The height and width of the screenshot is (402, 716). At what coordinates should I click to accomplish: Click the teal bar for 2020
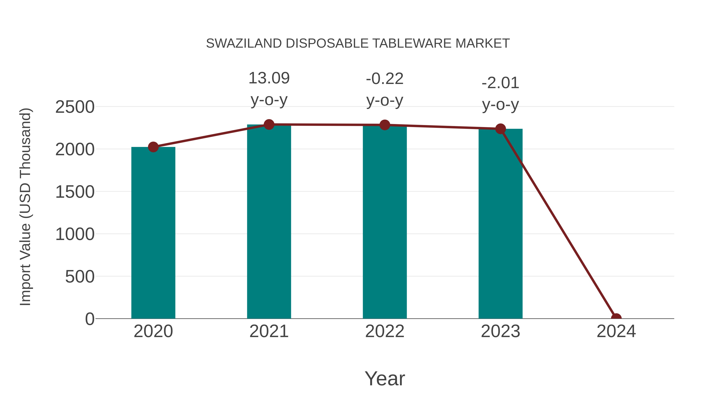tap(153, 233)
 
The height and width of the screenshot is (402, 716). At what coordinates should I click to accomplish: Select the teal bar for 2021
tap(269, 222)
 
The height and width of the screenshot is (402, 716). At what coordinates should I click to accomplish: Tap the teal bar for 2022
tap(384, 222)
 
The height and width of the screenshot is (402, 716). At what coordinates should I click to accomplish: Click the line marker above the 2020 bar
tap(153, 147)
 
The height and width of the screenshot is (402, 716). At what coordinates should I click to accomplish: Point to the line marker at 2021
tap(269, 124)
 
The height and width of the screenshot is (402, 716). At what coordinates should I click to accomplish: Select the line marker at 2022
tap(384, 125)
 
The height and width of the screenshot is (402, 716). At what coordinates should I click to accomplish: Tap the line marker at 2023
tap(500, 129)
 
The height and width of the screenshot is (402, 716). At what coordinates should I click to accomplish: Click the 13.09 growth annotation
tap(269, 78)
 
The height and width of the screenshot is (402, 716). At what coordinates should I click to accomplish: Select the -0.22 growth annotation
tap(384, 79)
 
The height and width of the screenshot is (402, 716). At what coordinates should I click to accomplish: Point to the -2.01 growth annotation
tap(500, 83)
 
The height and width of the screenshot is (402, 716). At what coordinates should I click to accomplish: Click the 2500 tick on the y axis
tap(75, 107)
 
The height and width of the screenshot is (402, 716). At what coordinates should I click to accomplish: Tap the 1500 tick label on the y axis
tap(75, 192)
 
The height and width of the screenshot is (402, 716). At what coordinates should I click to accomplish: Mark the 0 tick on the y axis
tap(90, 319)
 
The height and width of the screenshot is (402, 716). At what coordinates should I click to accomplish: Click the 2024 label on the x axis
tap(616, 331)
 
